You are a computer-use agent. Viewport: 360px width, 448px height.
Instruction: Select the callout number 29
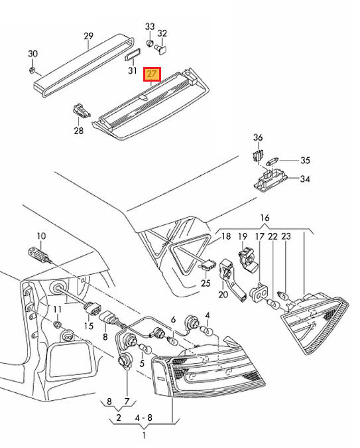point(89,36)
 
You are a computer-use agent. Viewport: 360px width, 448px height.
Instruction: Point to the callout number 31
point(132,70)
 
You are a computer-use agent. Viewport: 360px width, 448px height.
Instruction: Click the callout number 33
point(150,27)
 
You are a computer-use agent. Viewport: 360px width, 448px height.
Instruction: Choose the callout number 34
point(304,179)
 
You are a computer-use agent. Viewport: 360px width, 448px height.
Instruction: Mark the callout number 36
point(258,137)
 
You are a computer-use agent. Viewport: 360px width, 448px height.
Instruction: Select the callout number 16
point(265,218)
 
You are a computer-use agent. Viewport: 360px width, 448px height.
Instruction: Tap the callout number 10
point(41,236)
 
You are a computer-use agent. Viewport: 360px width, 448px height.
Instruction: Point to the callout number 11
point(58,310)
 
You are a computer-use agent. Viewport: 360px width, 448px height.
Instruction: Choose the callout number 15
point(88,325)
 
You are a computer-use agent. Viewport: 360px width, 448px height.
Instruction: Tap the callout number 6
point(174,320)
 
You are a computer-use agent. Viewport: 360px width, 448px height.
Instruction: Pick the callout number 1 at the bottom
point(144,436)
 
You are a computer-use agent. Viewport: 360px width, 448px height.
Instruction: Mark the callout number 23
point(286,236)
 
